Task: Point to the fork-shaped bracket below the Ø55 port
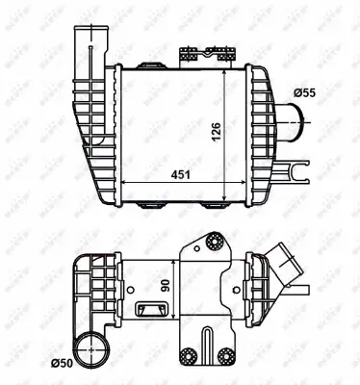[x=291, y=173]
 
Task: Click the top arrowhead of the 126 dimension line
[x=225, y=71]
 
